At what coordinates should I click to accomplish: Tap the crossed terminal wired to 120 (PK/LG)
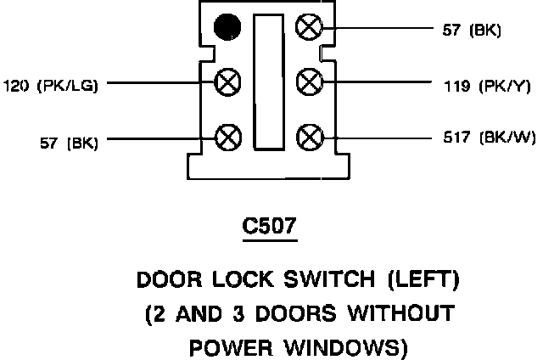(x=227, y=82)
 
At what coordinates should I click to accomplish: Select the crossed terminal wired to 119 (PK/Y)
(x=307, y=82)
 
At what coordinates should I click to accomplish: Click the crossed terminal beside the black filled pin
(x=307, y=27)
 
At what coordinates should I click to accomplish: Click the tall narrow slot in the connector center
(x=267, y=84)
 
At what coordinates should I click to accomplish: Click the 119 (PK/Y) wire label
(x=479, y=85)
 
